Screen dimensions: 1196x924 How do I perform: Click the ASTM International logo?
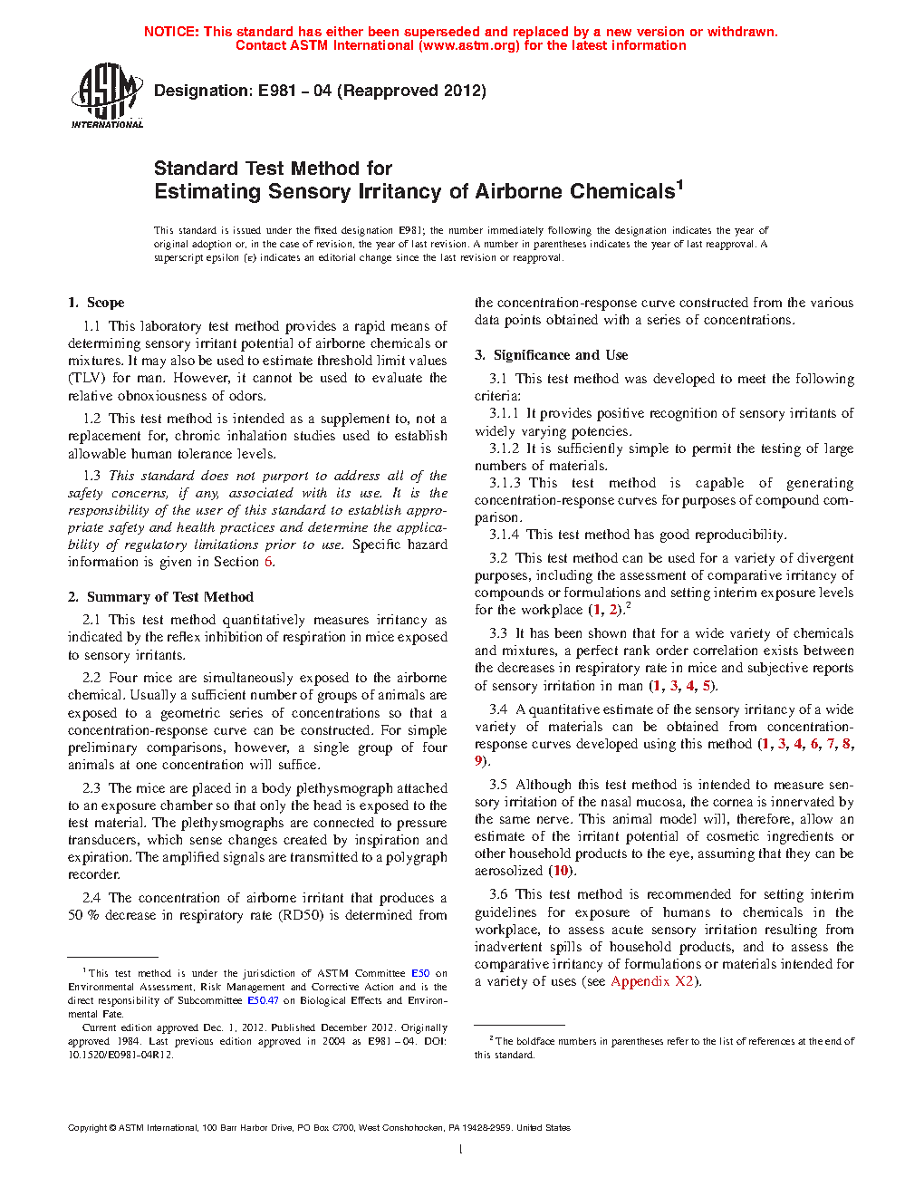pyautogui.click(x=107, y=95)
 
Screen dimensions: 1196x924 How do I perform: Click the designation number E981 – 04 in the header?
pyautogui.click(x=294, y=91)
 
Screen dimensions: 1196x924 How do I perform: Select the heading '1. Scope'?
pyautogui.click(x=96, y=303)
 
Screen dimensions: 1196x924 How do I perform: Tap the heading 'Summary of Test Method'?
pyautogui.click(x=169, y=597)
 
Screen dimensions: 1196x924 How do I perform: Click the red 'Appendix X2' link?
pyautogui.click(x=652, y=981)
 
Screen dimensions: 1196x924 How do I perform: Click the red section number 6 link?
pyautogui.click(x=268, y=562)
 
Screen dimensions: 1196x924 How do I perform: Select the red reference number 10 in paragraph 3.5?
pyautogui.click(x=562, y=871)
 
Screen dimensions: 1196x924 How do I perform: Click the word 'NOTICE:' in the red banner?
pyautogui.click(x=171, y=32)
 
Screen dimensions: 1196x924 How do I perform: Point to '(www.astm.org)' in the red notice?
pyautogui.click(x=469, y=45)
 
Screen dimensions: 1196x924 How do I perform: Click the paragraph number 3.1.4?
pyautogui.click(x=505, y=535)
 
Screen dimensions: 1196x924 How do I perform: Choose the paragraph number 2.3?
pyautogui.click(x=91, y=788)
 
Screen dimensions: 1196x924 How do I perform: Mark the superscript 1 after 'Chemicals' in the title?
pyautogui.click(x=679, y=185)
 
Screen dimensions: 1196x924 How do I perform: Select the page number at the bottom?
pyautogui.click(x=461, y=1150)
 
